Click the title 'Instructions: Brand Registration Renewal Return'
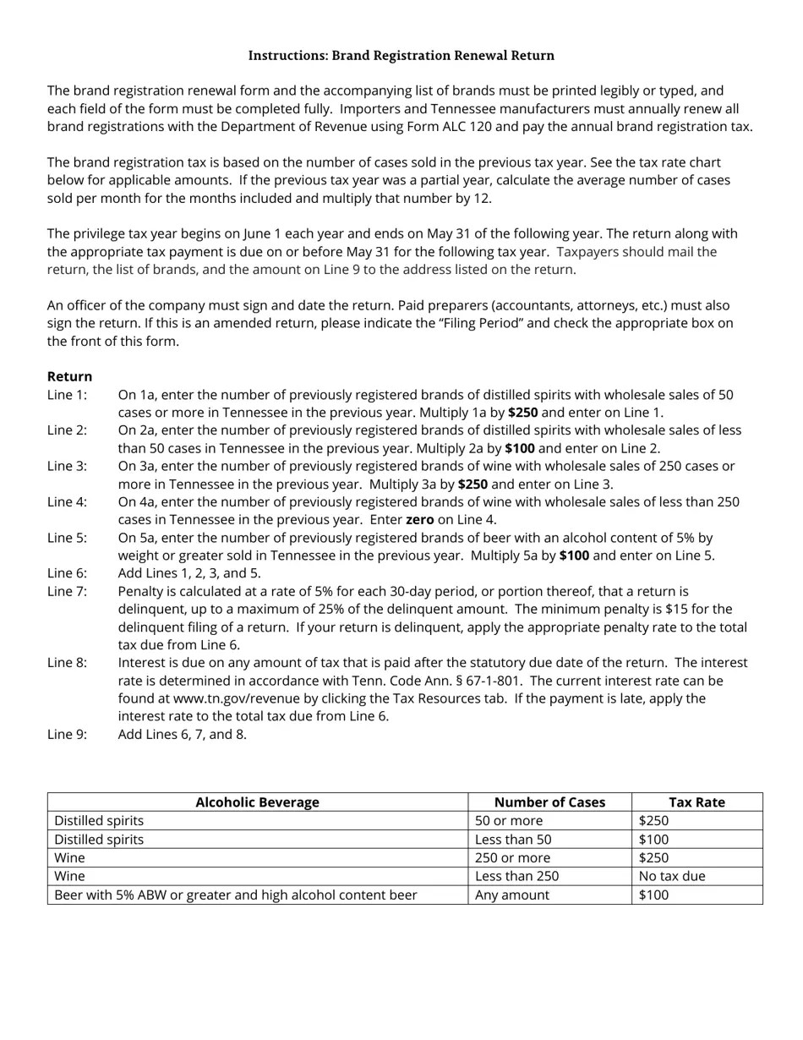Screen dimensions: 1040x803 pyautogui.click(x=401, y=56)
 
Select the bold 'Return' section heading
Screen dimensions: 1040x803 pyautogui.click(x=69, y=376)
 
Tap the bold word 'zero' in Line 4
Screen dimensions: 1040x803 pyautogui.click(x=419, y=520)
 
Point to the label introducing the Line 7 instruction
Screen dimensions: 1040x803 pyautogui.click(x=67, y=591)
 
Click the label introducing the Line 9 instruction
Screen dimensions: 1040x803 pyautogui.click(x=67, y=734)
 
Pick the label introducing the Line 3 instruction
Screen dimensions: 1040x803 pyautogui.click(x=67, y=466)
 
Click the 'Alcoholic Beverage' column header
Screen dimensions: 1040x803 pyautogui.click(x=257, y=802)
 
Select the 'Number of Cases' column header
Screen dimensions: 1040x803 pyautogui.click(x=549, y=802)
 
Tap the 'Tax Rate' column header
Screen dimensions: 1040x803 pyautogui.click(x=696, y=802)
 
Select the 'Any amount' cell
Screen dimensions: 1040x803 pyautogui.click(x=511, y=895)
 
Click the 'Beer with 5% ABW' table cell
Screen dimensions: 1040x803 pyautogui.click(x=235, y=895)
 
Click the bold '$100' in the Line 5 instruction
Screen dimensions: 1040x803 pyautogui.click(x=574, y=556)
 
